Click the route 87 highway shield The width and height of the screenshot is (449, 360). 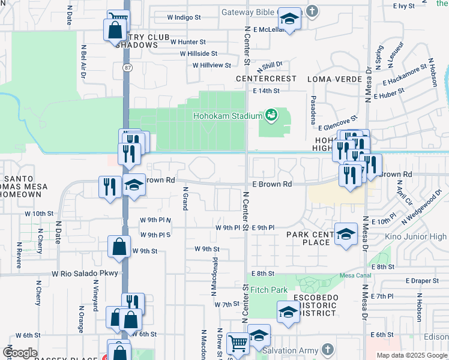coord(127,68)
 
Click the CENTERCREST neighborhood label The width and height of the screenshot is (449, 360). coord(266,79)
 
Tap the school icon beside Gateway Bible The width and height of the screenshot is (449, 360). coord(290,20)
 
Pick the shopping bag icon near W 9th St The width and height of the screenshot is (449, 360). coord(120,246)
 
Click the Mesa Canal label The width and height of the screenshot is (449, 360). coord(352,275)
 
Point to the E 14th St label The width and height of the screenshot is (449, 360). coord(267,91)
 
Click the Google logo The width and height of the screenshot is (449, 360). coord(20,352)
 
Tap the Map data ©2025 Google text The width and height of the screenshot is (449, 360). coord(412,355)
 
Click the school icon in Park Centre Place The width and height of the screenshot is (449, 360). coord(346,235)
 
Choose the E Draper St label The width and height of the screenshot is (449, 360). coord(423,281)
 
